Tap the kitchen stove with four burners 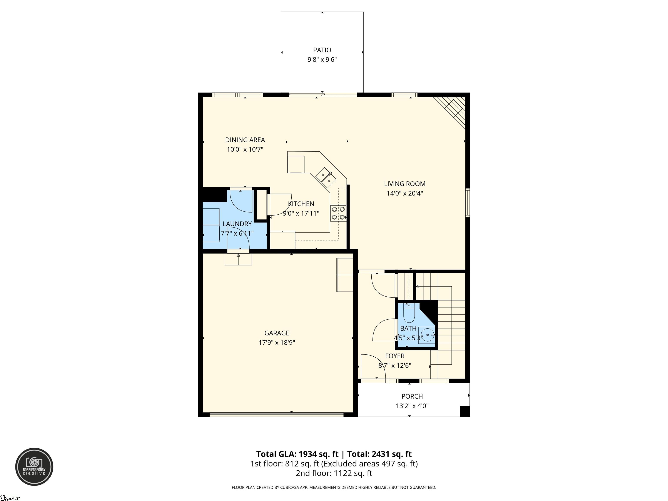(338, 213)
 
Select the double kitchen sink (326, 178)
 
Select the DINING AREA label (245, 140)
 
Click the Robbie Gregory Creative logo (34, 467)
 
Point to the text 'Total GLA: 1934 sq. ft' (297, 454)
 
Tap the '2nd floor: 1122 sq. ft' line (334, 473)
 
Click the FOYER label (395, 356)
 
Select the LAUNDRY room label (237, 224)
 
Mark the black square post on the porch (464, 411)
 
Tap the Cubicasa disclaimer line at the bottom (334, 488)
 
